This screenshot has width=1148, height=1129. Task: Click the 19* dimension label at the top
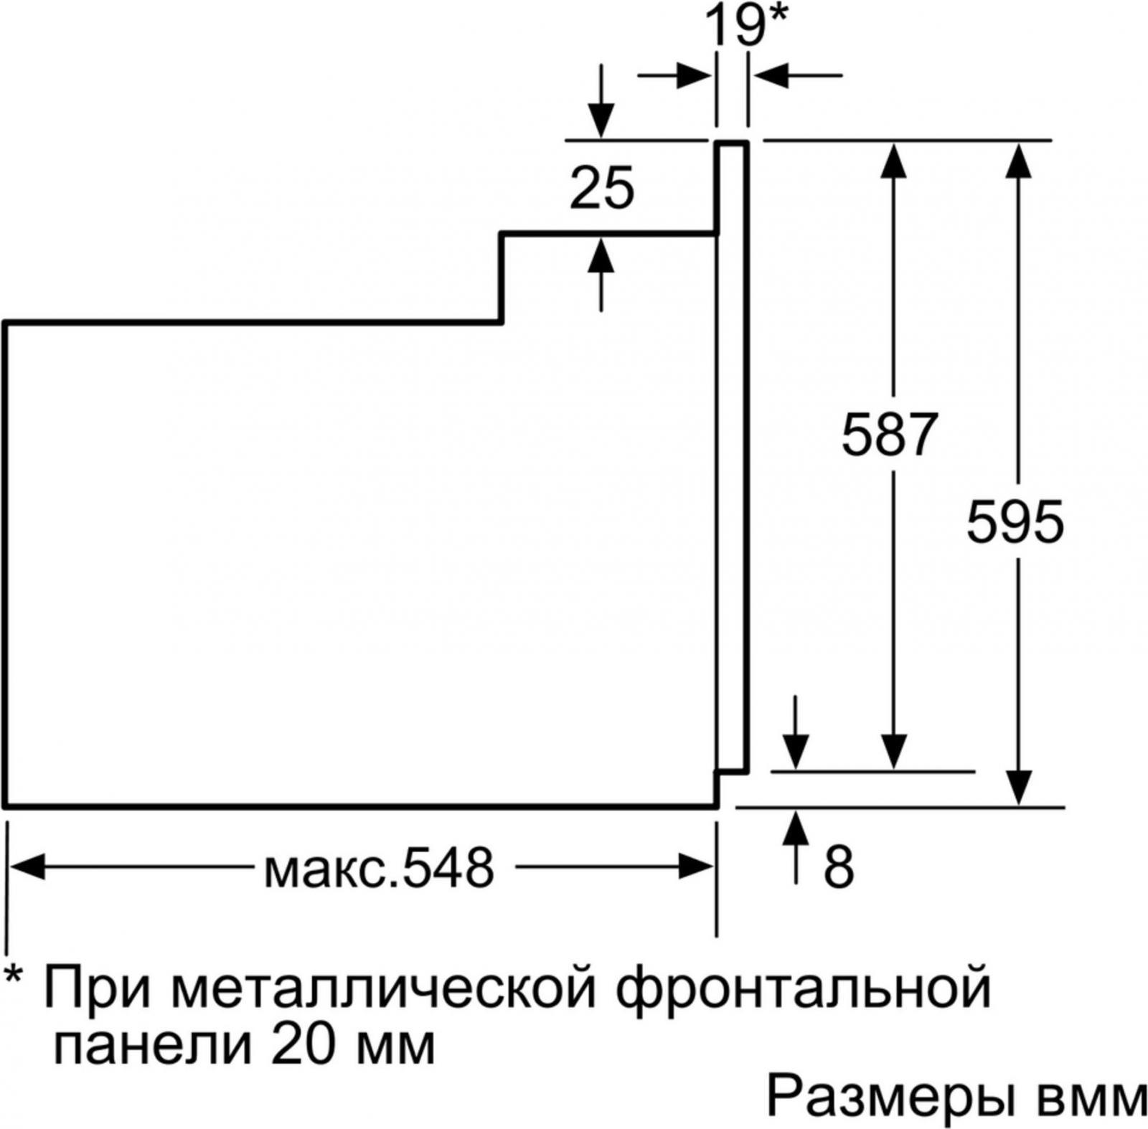[746, 25]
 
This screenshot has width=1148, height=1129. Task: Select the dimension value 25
[602, 189]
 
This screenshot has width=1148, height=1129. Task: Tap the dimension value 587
[890, 435]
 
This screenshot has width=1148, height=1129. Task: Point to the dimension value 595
[1015, 521]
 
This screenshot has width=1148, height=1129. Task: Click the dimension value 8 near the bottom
[839, 866]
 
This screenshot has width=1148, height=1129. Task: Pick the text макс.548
[380, 867]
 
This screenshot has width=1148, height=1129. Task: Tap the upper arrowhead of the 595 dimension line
[1019, 160]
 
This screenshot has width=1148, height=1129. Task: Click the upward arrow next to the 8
[796, 847]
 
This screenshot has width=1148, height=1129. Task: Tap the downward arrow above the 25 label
[601, 100]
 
